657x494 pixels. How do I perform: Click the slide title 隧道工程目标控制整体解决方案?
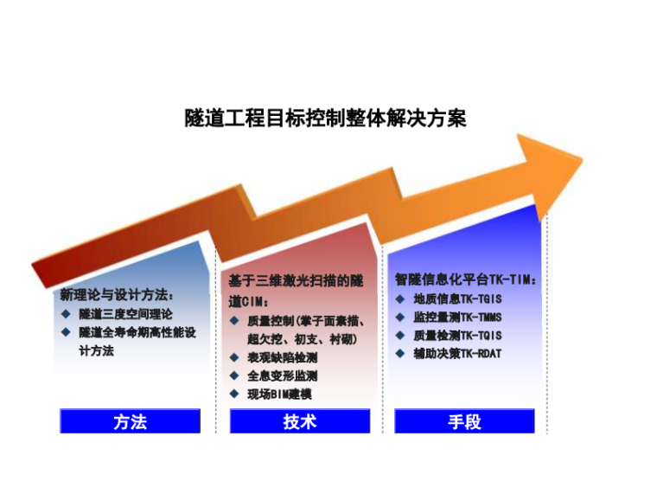pyautogui.click(x=325, y=118)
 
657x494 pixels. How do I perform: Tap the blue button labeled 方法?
pyautogui.click(x=130, y=422)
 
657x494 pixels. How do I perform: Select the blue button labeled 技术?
pyautogui.click(x=299, y=422)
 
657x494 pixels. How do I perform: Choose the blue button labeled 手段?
pyautogui.click(x=464, y=422)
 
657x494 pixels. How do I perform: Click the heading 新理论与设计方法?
pyautogui.click(x=117, y=296)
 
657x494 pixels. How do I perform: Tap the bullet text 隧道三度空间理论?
pyautogui.click(x=125, y=314)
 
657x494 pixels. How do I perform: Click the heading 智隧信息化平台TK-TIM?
pyautogui.click(x=467, y=280)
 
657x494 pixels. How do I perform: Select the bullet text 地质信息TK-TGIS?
pyautogui.click(x=457, y=298)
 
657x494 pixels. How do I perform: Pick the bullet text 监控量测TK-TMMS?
pyautogui.click(x=457, y=317)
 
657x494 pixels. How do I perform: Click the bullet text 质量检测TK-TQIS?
pyautogui.click(x=457, y=335)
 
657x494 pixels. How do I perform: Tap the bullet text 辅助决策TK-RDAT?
pyautogui.click(x=457, y=353)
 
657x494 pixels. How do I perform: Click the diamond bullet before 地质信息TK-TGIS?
pyautogui.click(x=400, y=298)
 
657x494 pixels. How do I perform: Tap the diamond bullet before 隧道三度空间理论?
pyautogui.click(x=66, y=314)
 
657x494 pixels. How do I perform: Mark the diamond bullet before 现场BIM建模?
pyautogui.click(x=234, y=395)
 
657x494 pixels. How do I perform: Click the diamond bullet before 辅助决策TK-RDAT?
pyautogui.click(x=400, y=353)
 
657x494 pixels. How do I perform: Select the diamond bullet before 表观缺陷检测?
pyautogui.click(x=234, y=357)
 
